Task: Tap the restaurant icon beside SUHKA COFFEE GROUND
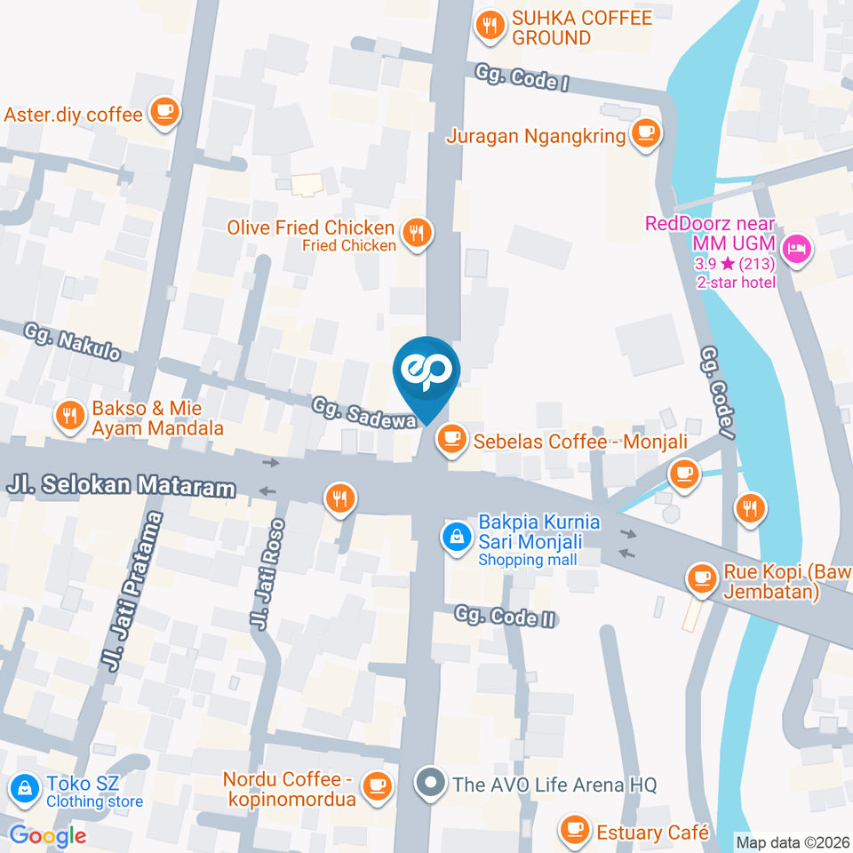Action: point(489,28)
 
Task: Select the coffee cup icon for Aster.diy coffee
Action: point(164,112)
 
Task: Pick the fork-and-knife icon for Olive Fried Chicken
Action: point(415,233)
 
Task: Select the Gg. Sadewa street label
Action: point(364,413)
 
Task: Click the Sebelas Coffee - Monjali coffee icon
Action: point(452,437)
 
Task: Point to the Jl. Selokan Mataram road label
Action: point(122,485)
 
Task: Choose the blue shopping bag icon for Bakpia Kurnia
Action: point(456,537)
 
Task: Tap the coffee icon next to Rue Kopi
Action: point(702,578)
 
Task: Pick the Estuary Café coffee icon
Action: point(574,831)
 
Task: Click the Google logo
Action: point(47,835)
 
